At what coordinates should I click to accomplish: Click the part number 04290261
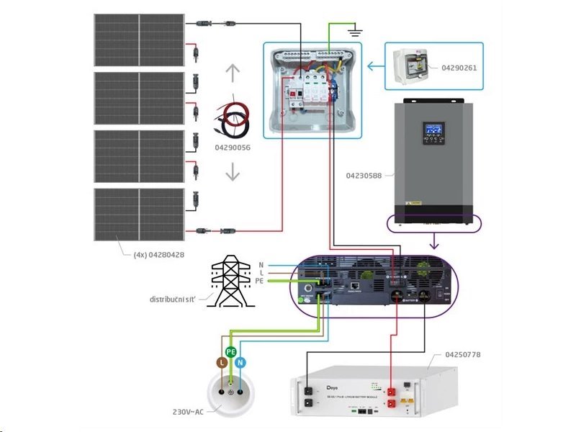pos(458,68)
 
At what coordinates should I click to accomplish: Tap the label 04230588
pos(363,175)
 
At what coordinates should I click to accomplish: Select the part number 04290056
pos(233,147)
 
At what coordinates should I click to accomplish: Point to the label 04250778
pos(464,355)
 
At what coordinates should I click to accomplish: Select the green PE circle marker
pos(231,351)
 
